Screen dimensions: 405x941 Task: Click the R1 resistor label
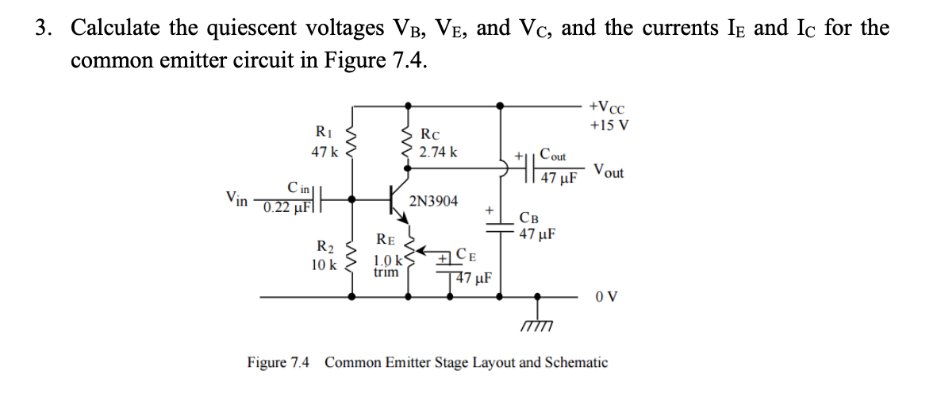click(324, 132)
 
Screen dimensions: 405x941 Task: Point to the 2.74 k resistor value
click(438, 152)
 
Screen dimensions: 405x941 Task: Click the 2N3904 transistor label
click(433, 202)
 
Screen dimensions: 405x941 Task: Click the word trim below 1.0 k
click(386, 272)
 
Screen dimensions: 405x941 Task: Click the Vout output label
click(609, 171)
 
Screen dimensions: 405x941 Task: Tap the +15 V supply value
click(608, 125)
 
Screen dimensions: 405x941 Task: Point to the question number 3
click(44, 29)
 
